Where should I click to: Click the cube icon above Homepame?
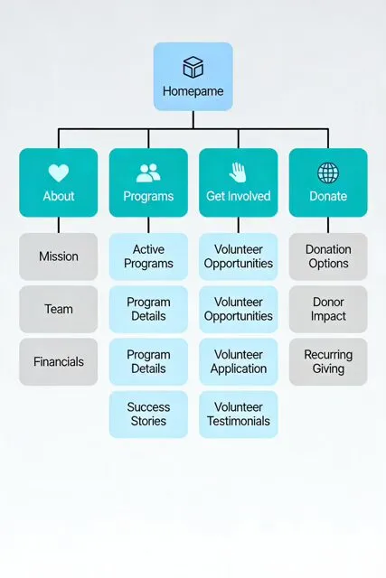pyautogui.click(x=193, y=67)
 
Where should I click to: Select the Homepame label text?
pyautogui.click(x=193, y=91)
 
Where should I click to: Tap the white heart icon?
pyautogui.click(x=58, y=172)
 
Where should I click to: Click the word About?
pyautogui.click(x=58, y=196)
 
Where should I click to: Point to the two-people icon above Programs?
pyautogui.click(x=148, y=172)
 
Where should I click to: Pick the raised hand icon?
pyautogui.click(x=237, y=172)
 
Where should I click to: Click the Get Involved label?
pyautogui.click(x=239, y=196)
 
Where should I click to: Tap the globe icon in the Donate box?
pyautogui.click(x=328, y=172)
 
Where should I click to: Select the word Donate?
pyautogui.click(x=328, y=196)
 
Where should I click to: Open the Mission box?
pyautogui.click(x=58, y=256)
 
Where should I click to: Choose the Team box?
pyautogui.click(x=58, y=309)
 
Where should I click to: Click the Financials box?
pyautogui.click(x=58, y=361)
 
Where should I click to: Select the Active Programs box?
pyautogui.click(x=148, y=256)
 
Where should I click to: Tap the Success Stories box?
pyautogui.click(x=148, y=415)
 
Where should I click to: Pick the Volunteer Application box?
pyautogui.click(x=239, y=361)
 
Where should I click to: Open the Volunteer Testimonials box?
pyautogui.click(x=239, y=415)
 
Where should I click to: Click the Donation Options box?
pyautogui.click(x=328, y=256)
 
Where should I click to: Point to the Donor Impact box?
pyautogui.click(x=328, y=309)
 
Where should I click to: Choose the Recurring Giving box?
pyautogui.click(x=328, y=361)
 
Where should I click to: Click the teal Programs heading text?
pyautogui.click(x=148, y=197)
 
